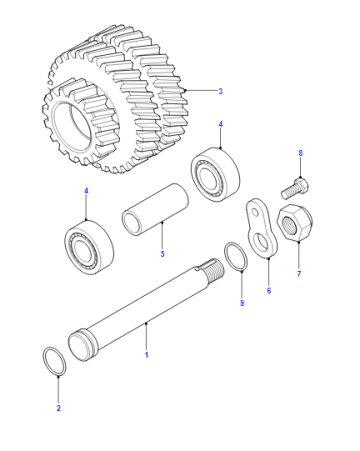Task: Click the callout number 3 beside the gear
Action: [220, 91]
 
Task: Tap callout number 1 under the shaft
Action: [146, 355]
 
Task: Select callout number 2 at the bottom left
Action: [58, 408]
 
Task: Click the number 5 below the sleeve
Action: [162, 254]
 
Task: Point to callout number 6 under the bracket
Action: [269, 290]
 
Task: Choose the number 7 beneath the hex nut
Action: [299, 274]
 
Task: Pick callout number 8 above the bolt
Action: [301, 153]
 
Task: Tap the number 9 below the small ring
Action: [242, 303]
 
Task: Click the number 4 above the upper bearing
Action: [220, 124]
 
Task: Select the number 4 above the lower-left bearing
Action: [86, 191]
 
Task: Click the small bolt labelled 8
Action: [295, 188]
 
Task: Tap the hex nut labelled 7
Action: [295, 222]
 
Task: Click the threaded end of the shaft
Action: [215, 270]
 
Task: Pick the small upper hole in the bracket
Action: [256, 212]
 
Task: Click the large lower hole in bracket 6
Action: [261, 243]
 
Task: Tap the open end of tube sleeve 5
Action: [132, 222]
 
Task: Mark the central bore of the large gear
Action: [72, 126]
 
